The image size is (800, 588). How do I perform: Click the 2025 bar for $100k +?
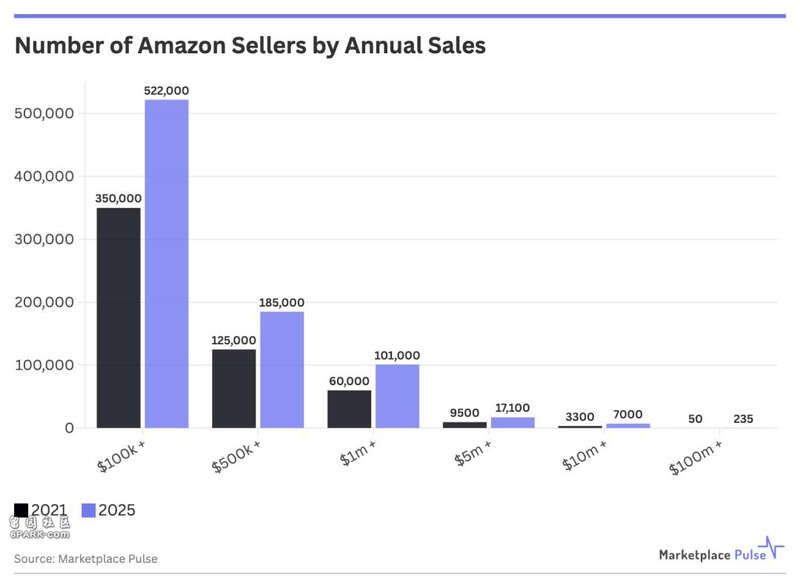166,264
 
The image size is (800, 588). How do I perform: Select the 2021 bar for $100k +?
118,318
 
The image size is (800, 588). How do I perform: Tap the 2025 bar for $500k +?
282,370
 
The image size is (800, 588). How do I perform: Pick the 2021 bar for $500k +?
234,389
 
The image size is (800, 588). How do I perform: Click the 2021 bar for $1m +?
349,409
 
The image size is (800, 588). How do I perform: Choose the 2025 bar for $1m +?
397,396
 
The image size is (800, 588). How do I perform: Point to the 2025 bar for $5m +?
513,422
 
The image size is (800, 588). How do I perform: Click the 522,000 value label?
166,91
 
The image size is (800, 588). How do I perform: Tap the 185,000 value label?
282,302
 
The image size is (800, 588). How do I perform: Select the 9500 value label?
465,412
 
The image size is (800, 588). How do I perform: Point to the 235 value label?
743,418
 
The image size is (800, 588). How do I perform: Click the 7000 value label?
628,414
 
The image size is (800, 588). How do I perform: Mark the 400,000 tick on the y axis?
44,177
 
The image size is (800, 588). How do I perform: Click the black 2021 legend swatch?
21,510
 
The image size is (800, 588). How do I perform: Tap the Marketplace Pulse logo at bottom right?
721,553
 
